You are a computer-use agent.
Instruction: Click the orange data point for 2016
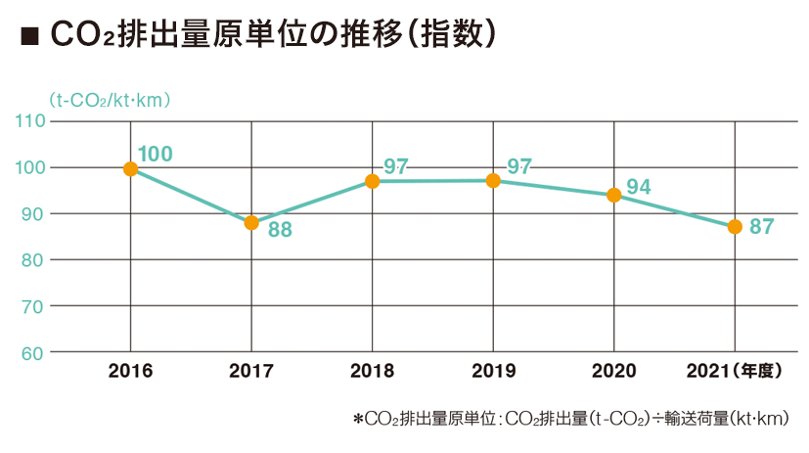coord(130,168)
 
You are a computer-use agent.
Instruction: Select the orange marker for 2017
coord(251,223)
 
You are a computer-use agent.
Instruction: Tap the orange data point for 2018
coord(372,181)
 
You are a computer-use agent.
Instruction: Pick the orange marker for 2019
coord(493,181)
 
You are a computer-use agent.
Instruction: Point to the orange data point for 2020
coord(613,195)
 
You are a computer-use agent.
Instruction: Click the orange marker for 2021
coord(735,227)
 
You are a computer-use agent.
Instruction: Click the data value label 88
coord(280,234)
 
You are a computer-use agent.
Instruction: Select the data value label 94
coord(640,187)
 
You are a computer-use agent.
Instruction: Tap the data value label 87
coord(762,227)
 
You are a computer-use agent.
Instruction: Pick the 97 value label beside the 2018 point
coord(396,165)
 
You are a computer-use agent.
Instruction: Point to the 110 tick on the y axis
coord(31,121)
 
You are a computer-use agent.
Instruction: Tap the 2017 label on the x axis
coord(250,372)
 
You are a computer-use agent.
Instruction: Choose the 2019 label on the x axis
coord(492,372)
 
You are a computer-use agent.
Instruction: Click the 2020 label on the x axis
coord(613,372)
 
